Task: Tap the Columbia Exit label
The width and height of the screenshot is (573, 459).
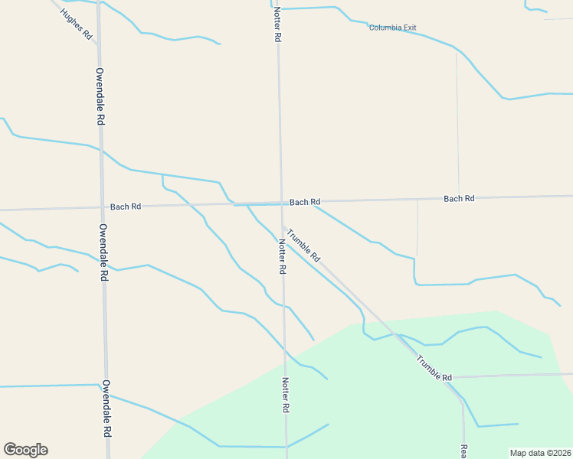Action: tap(392, 28)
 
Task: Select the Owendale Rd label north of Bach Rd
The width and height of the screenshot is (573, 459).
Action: tap(100, 96)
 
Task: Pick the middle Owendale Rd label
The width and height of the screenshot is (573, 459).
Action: tap(103, 252)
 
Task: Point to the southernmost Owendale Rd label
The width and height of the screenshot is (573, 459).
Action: tap(106, 407)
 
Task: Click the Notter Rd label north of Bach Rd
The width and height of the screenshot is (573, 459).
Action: tap(277, 24)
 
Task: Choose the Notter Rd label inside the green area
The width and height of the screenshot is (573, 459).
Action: tap(285, 396)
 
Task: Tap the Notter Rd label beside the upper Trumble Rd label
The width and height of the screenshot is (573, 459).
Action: tap(282, 257)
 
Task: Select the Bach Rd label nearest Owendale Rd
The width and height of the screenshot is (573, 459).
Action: tap(126, 207)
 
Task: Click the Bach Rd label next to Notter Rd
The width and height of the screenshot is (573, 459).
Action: tap(304, 202)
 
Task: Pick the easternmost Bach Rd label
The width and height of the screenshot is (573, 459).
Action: tap(459, 198)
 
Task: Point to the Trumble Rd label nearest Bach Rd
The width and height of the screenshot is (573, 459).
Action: tap(304, 246)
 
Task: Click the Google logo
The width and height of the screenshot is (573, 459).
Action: tap(25, 450)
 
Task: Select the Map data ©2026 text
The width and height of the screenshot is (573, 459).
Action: tap(540, 453)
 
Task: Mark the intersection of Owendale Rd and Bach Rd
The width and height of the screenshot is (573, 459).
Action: tap(102, 207)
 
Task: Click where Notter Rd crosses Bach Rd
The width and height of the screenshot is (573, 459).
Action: tap(280, 203)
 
